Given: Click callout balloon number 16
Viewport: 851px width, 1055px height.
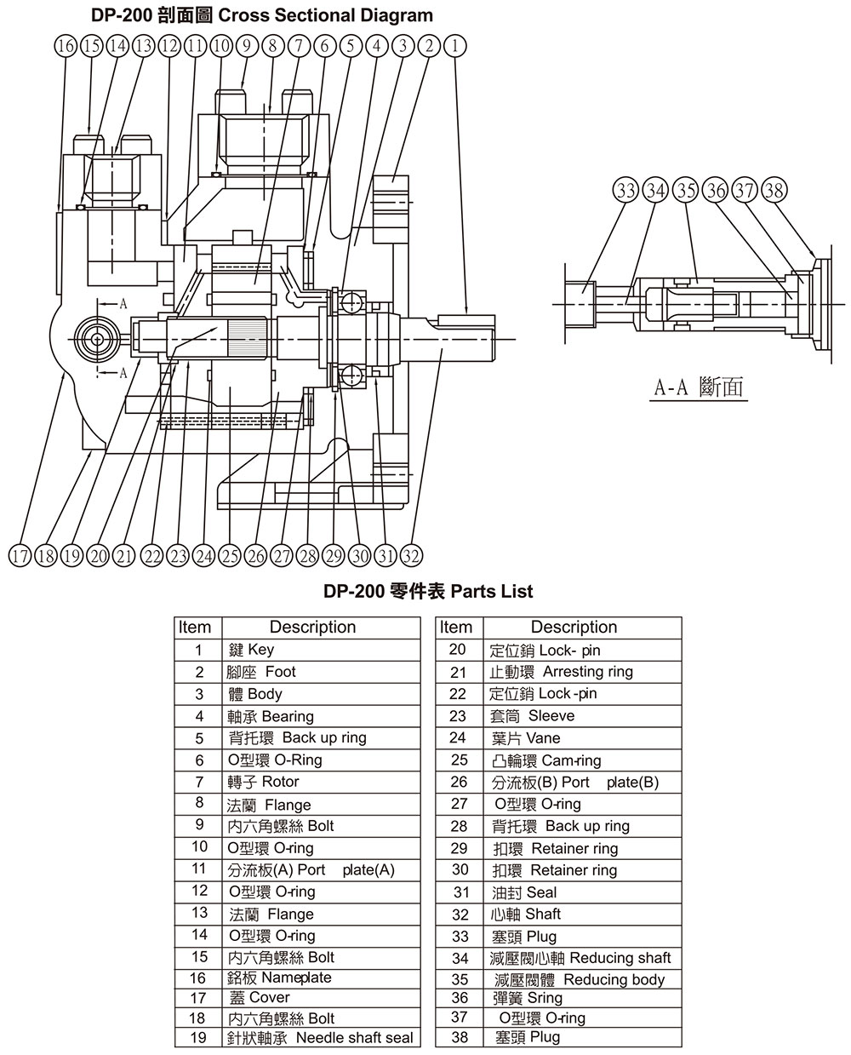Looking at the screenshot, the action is click(66, 46).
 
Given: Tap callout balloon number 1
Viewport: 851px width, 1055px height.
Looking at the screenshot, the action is click(455, 46).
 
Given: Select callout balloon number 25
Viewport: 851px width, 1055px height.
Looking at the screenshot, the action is click(230, 556).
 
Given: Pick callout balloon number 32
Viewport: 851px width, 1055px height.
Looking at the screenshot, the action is click(411, 556).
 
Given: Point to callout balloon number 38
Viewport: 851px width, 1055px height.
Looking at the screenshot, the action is click(774, 190).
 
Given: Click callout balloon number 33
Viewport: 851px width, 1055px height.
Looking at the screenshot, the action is click(626, 190).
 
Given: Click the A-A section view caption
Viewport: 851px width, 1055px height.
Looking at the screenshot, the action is click(699, 387).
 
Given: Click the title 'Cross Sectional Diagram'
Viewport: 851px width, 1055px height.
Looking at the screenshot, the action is click(325, 16).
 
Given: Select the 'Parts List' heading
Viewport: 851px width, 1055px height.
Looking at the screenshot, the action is click(492, 591).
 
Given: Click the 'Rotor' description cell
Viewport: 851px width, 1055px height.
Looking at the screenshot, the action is click(322, 782).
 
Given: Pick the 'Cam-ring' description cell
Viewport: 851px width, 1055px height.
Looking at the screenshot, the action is click(583, 760).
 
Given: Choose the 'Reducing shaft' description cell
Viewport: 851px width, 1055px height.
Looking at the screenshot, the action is click(583, 958).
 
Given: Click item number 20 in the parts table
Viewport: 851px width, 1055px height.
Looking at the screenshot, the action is click(458, 650).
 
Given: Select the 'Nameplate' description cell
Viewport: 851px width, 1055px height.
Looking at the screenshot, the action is click(322, 978).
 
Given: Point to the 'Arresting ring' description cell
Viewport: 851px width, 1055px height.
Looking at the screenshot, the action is click(583, 672).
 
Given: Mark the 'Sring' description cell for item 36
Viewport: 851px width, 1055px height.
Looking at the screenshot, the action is click(583, 998).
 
